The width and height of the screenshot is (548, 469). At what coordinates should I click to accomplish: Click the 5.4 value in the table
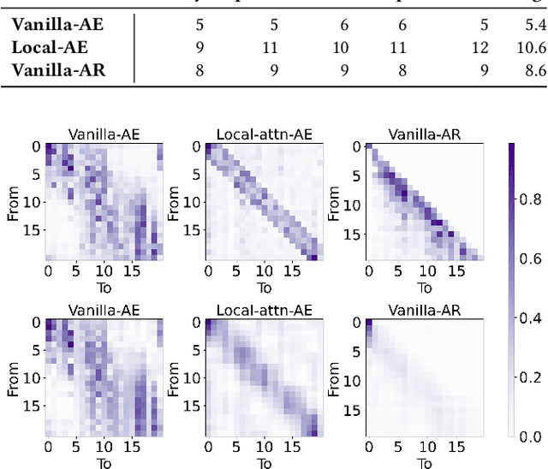[x=534, y=26]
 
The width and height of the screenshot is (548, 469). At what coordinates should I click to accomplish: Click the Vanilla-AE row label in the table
[x=57, y=26]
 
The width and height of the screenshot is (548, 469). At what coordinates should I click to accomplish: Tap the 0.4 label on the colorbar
[x=531, y=318]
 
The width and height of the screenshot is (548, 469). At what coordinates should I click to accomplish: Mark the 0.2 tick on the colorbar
[x=531, y=377]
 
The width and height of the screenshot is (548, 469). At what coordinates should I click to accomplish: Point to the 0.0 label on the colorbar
[x=531, y=436]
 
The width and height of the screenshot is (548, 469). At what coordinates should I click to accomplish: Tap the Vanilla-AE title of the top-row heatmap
[x=103, y=134]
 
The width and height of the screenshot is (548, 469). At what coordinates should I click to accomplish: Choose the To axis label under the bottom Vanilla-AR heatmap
[x=423, y=463]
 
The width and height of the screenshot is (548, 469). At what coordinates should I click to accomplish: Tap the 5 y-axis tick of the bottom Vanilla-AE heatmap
[x=35, y=350]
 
